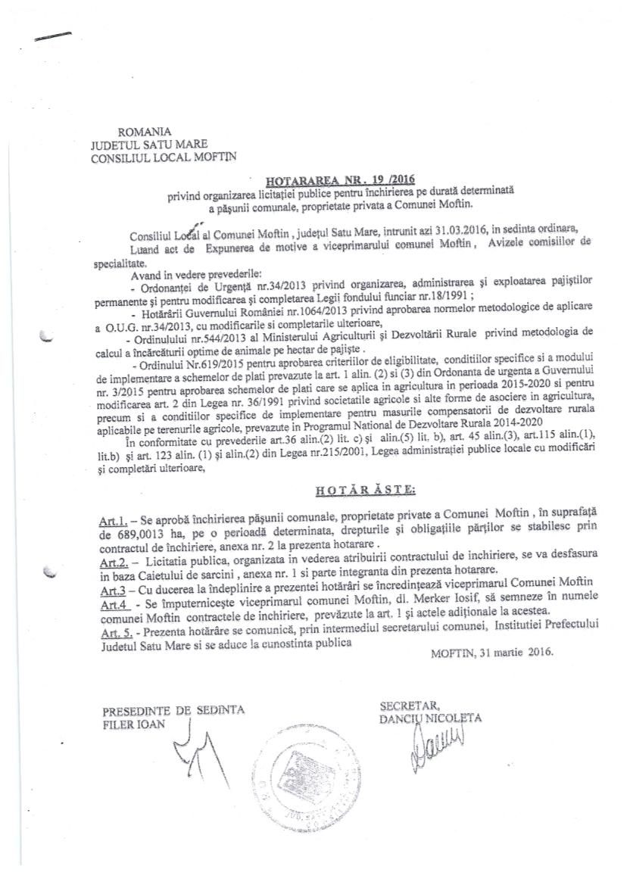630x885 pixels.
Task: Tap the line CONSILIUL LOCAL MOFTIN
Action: click(x=163, y=157)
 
